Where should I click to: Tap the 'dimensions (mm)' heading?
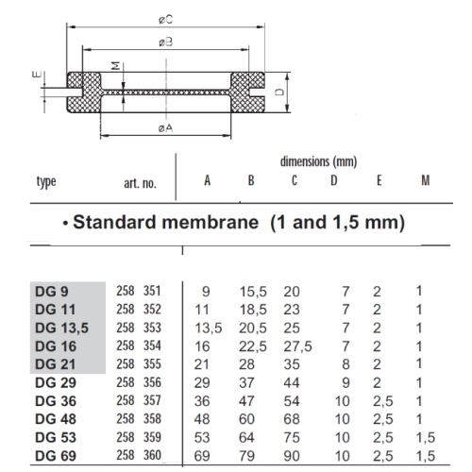318,162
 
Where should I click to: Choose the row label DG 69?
53,456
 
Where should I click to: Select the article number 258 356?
139,382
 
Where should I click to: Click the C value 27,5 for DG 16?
297,346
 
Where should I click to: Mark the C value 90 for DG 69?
292,456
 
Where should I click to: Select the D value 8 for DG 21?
346,364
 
